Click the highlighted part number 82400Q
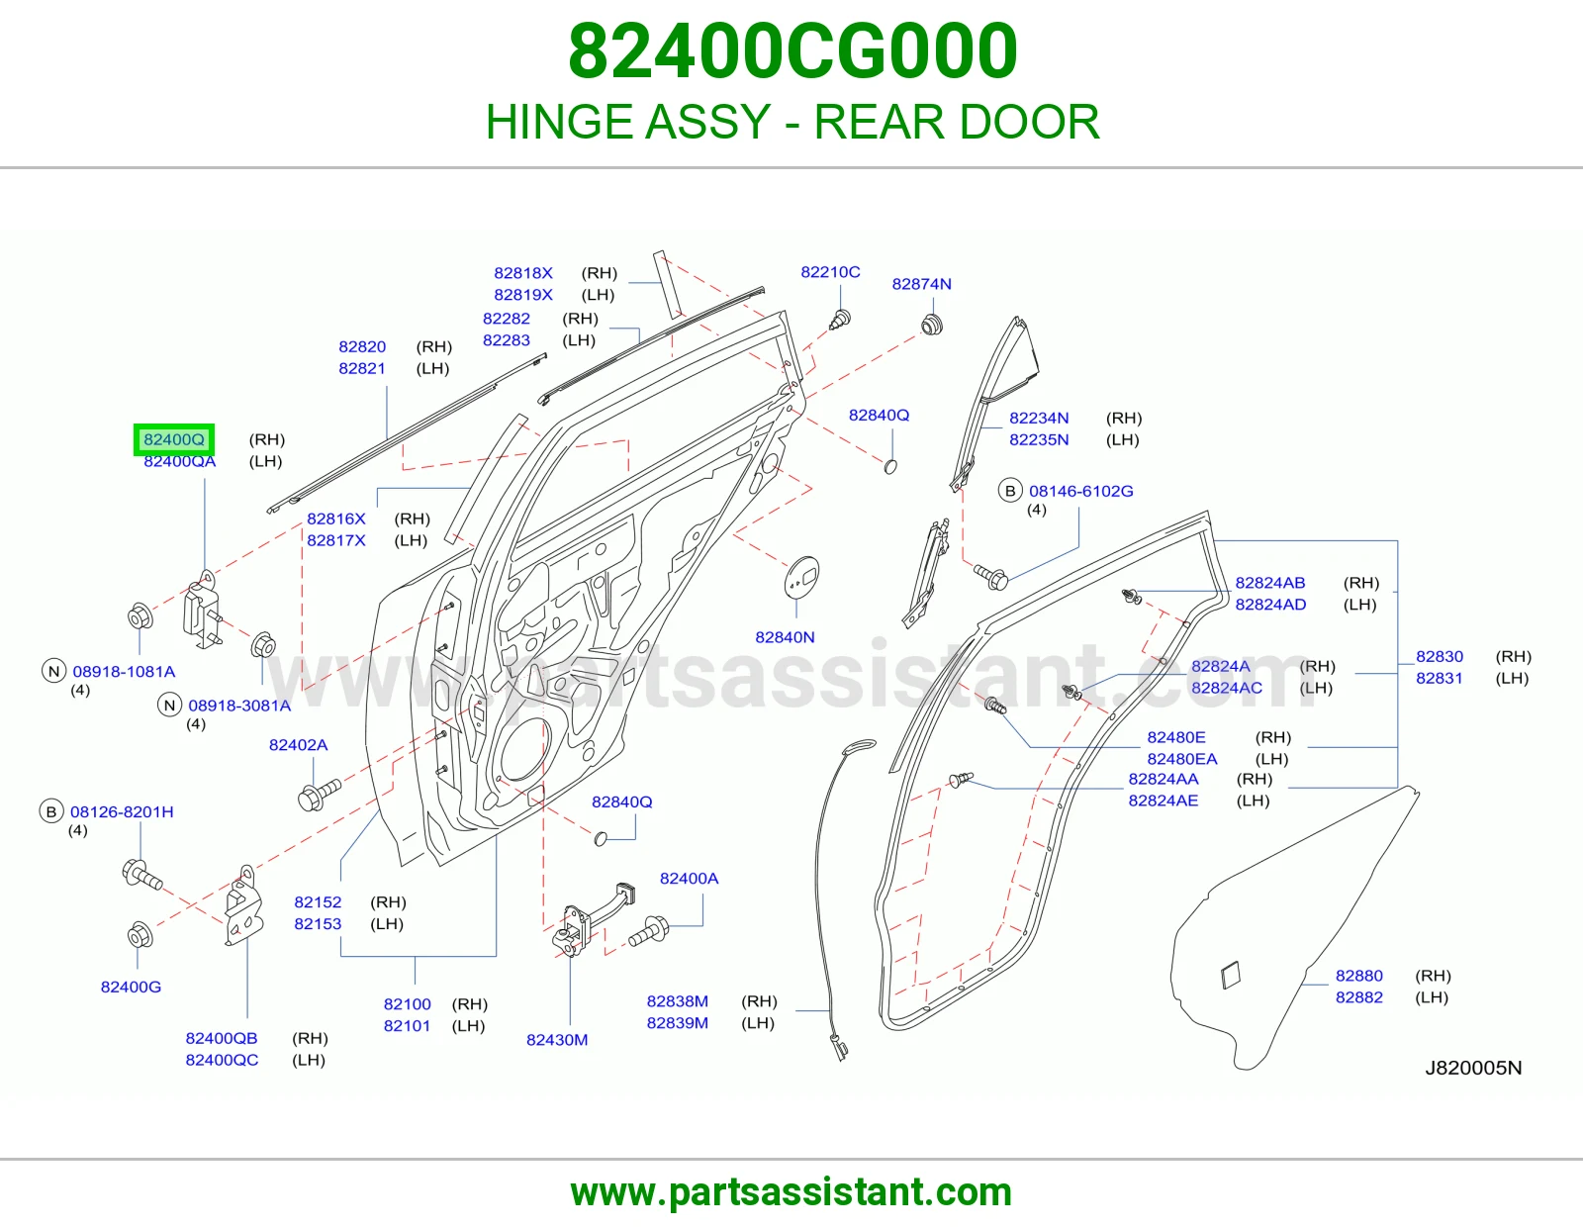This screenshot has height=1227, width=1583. click(174, 439)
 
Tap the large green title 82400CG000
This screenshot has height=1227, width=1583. click(792, 50)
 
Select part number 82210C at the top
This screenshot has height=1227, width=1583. click(830, 272)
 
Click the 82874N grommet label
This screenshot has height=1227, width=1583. click(921, 284)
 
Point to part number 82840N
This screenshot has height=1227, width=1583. click(785, 637)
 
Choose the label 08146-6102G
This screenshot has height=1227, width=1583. click(1081, 491)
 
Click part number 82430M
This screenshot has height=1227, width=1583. click(557, 1040)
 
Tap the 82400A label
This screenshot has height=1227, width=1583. click(690, 878)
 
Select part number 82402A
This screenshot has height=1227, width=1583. click(299, 745)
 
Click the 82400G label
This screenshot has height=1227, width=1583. click(132, 987)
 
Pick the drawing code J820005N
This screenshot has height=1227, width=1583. click(1474, 1068)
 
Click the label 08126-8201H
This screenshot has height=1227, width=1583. click(122, 811)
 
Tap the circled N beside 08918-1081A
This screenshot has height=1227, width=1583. click(53, 671)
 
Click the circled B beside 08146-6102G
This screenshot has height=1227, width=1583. click(1010, 491)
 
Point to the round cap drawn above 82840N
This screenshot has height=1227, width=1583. click(801, 578)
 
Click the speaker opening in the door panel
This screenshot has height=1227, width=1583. click(522, 750)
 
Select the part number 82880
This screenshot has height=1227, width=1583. click(1358, 976)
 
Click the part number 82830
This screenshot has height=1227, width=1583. click(1439, 656)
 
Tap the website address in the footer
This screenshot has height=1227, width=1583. click(791, 1192)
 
